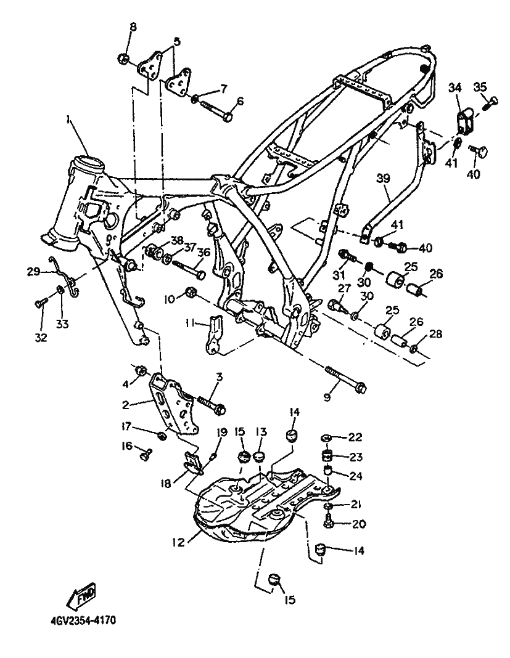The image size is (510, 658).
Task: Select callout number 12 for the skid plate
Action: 178,543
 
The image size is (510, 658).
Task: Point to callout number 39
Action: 383,179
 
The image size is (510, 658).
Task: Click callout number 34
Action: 455,87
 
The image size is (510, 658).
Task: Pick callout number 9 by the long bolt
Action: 327,397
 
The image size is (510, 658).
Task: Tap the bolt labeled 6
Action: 214,110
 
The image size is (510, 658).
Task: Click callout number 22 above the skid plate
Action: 355,437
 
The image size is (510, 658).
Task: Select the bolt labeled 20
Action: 328,522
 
